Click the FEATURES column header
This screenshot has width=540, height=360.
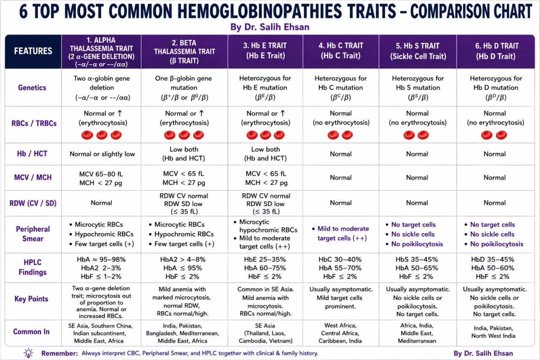point(33,51)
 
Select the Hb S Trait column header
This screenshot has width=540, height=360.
point(418,51)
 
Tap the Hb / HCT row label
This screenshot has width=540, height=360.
point(32,154)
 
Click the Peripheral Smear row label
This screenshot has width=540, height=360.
point(33,234)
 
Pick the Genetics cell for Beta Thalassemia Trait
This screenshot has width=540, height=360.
point(184,88)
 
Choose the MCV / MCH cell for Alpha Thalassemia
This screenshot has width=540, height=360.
point(101,178)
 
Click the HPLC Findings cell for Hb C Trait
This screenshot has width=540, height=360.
point(340,268)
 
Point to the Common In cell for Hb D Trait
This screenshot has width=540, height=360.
point(494,332)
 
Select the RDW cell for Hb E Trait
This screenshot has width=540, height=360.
point(266,203)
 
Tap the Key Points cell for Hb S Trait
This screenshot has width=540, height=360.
point(418,302)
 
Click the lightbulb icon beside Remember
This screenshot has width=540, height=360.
point(28,353)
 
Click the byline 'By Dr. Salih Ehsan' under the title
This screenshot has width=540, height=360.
point(270,27)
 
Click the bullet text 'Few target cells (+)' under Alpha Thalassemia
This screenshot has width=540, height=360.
point(104,244)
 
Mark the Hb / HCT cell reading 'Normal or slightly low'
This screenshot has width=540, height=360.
point(102,154)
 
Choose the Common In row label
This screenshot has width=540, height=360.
point(31,332)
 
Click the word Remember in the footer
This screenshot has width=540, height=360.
point(59,353)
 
